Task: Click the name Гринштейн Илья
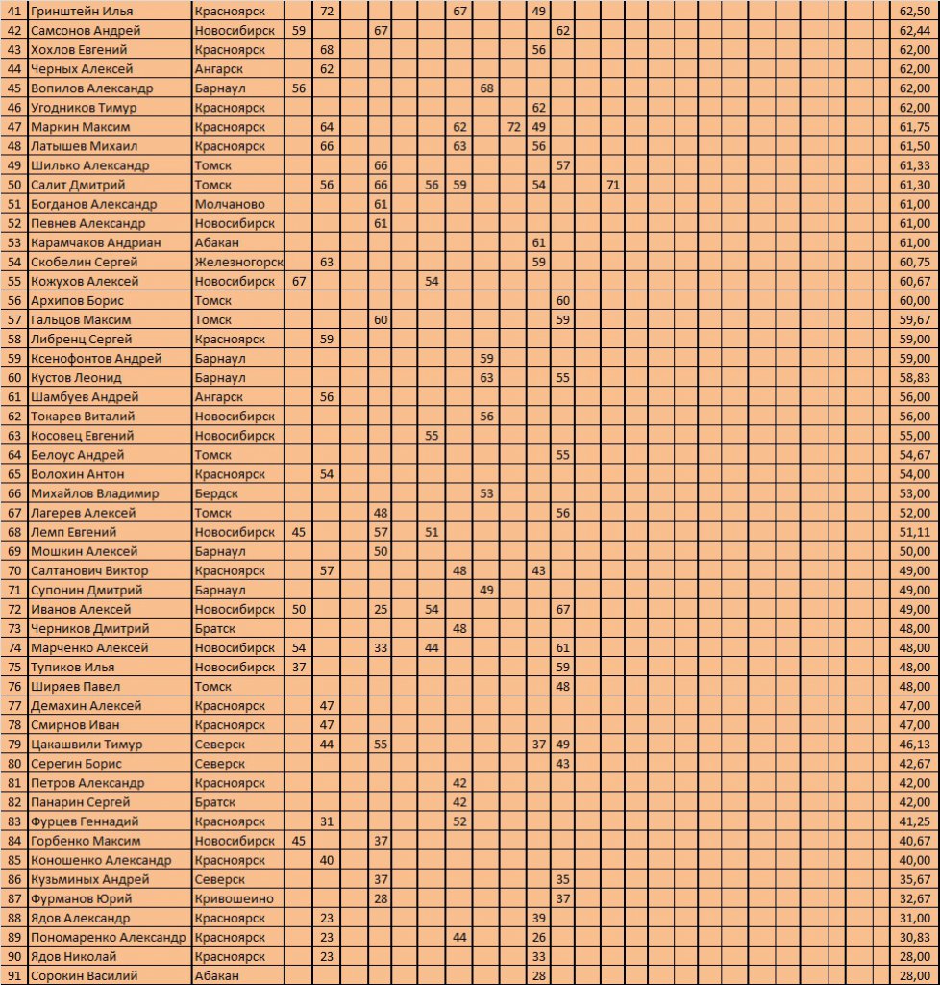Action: tap(82, 11)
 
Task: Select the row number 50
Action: tap(13, 185)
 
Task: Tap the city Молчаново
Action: tap(230, 204)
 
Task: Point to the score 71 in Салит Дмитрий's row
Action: tap(613, 185)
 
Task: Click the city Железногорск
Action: tap(238, 262)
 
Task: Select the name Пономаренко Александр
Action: tap(108, 937)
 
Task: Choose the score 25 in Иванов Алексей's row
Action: tap(381, 609)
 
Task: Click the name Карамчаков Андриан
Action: tap(95, 242)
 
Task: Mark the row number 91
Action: tap(13, 975)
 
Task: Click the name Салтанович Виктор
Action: tap(89, 570)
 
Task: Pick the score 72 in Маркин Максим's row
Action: tap(513, 127)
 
